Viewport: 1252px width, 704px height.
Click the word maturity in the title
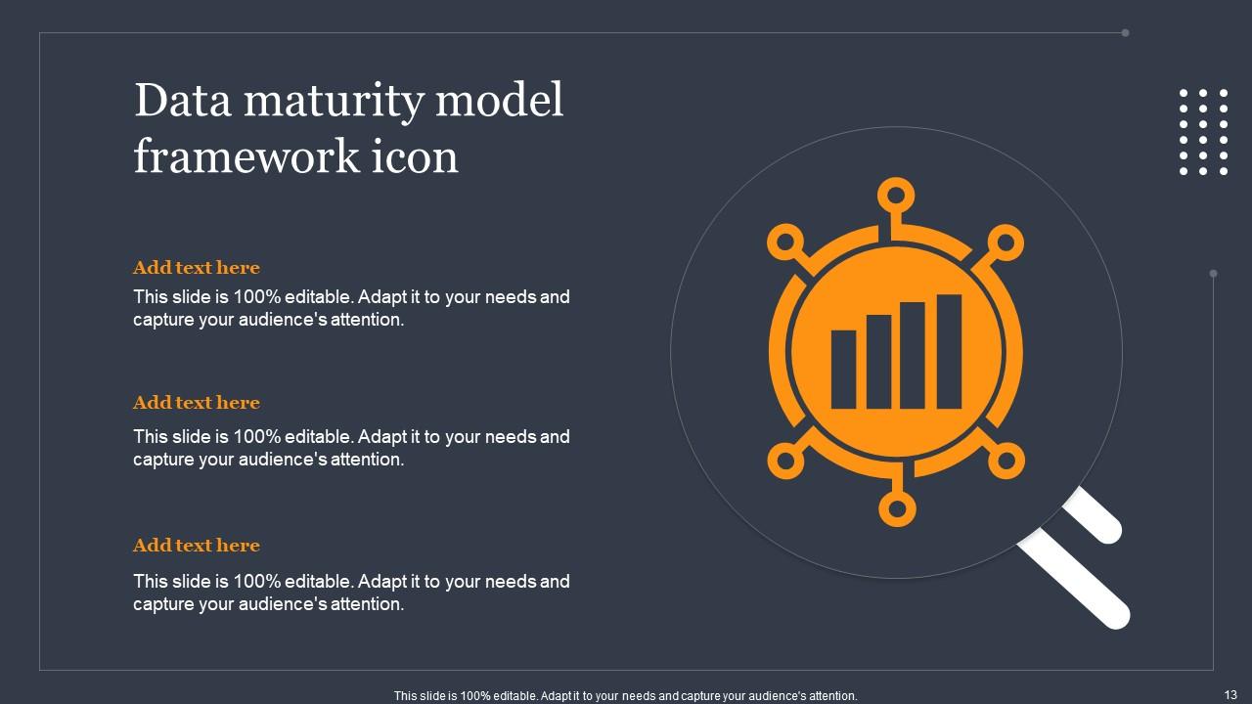(325, 102)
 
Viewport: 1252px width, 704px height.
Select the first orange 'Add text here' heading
(197, 268)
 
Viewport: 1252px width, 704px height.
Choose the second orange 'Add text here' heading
(197, 403)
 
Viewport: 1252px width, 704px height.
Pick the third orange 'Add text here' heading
(197, 546)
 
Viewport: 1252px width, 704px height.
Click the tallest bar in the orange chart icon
(949, 351)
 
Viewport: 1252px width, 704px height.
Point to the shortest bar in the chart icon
(843, 369)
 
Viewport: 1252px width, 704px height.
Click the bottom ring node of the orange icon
(896, 508)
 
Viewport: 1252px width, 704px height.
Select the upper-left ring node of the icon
(784, 242)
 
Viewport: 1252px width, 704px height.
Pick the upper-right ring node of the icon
(1006, 242)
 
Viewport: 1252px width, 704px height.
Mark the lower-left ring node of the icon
(784, 461)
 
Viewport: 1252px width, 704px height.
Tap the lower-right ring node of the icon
(1007, 461)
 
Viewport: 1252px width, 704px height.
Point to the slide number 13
(1230, 694)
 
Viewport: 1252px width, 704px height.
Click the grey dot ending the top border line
(1125, 32)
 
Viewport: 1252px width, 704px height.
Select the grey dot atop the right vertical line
(1214, 274)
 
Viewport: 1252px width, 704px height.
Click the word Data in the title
(178, 101)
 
